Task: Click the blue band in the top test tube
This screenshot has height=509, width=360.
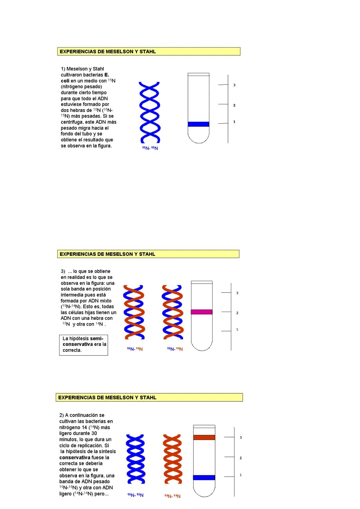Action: click(198, 124)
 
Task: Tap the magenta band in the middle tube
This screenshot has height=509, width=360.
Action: click(201, 312)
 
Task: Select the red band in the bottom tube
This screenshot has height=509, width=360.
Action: click(204, 437)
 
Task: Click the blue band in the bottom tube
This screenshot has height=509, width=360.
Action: click(204, 477)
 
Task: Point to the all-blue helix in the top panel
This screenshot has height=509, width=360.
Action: click(149, 112)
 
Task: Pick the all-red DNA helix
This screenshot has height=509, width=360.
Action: click(172, 459)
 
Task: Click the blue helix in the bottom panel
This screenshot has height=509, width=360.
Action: click(135, 459)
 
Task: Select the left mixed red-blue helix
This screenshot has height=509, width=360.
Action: click(134, 312)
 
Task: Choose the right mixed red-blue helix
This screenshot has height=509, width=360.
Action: click(172, 312)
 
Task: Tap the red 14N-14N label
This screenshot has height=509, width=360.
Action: click(172, 496)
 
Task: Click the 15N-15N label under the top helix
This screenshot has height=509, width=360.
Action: click(150, 148)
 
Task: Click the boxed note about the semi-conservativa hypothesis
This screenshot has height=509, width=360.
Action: click(84, 345)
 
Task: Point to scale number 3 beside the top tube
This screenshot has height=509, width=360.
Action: click(234, 85)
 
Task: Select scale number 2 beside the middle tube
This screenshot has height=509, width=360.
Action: click(237, 313)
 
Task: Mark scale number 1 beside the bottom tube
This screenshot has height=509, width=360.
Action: click(241, 475)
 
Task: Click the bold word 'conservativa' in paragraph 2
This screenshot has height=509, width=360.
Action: click(75, 457)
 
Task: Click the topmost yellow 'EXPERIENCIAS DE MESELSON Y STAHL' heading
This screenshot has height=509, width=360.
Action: click(149, 52)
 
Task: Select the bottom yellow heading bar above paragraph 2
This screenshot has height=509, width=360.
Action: click(149, 397)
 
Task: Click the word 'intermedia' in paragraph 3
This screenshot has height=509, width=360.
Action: click(72, 295)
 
